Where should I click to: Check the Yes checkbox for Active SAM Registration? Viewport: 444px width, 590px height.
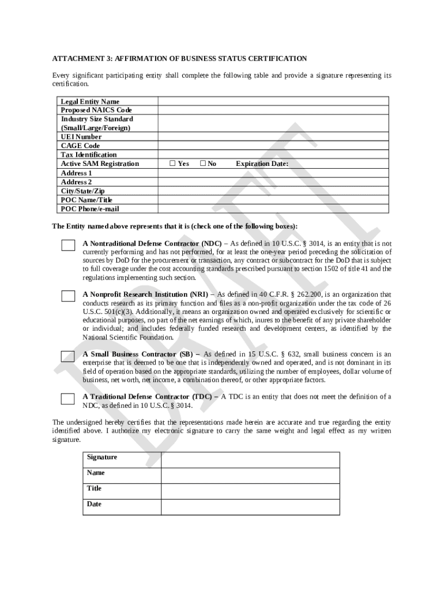[172, 164]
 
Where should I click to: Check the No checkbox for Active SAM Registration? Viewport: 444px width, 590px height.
[203, 164]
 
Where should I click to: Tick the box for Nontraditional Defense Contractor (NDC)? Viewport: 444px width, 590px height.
[68, 245]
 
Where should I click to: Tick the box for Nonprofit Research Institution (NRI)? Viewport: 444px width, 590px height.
[68, 296]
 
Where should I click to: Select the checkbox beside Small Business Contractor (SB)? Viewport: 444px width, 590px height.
[68, 356]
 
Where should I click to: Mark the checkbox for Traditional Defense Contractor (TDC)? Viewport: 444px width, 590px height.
[68, 399]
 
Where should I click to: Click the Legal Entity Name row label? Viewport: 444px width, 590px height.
[90, 101]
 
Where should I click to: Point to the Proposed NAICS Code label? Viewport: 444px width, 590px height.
[96, 110]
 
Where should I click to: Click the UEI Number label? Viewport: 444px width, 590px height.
[81, 137]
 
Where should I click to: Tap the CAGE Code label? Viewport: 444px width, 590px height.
[80, 146]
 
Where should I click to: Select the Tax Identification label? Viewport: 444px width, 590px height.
[89, 154]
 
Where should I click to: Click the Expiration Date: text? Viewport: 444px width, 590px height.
[262, 164]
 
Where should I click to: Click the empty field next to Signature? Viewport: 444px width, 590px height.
[250, 460]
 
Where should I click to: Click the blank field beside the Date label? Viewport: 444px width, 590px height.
[250, 506]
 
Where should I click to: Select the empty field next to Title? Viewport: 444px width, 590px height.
[250, 491]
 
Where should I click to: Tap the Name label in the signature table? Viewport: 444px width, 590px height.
[96, 472]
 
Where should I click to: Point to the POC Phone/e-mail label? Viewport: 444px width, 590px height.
[90, 209]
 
